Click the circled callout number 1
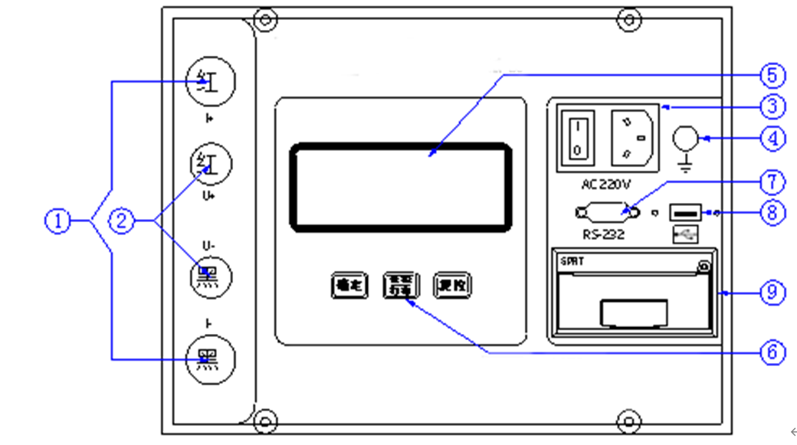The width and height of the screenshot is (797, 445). pos(58,221)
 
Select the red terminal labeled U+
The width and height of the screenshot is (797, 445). pos(210,164)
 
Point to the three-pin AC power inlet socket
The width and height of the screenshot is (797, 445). pos(632,136)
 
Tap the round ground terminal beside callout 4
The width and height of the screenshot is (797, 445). pos(685,138)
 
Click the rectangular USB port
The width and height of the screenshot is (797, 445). pos(685,212)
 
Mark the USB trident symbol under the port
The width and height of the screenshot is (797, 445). pos(685,235)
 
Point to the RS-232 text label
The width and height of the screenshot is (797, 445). pos(603,235)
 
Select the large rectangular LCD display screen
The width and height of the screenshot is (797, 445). pos(400,186)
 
